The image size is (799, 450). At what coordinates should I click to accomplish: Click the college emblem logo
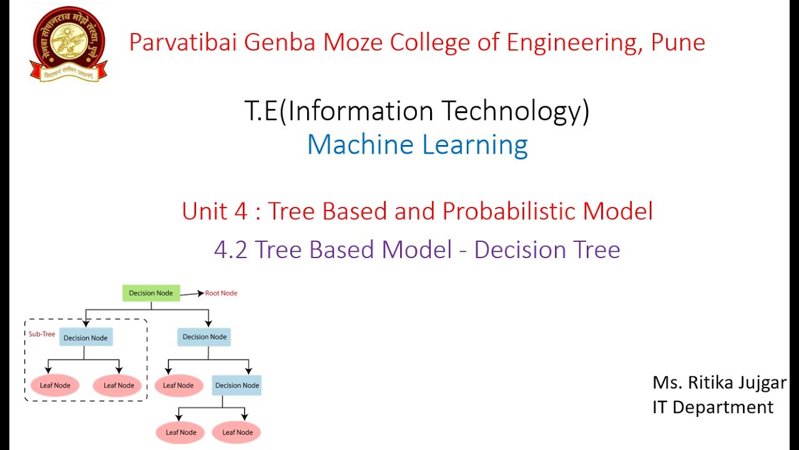68,44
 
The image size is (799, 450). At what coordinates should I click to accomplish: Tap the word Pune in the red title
678,42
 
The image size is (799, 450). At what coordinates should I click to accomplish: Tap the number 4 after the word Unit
245,211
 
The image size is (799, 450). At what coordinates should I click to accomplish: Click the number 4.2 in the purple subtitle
231,250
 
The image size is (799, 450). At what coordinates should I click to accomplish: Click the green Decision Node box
151,293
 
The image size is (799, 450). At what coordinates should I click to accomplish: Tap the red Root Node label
221,293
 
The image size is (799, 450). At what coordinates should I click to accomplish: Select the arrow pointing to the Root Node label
192,293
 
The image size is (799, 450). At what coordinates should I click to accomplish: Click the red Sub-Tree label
42,334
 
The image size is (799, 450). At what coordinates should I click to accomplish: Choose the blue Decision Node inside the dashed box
86,338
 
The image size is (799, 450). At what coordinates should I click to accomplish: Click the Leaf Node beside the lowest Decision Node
179,386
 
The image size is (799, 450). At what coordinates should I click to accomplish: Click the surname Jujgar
761,382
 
